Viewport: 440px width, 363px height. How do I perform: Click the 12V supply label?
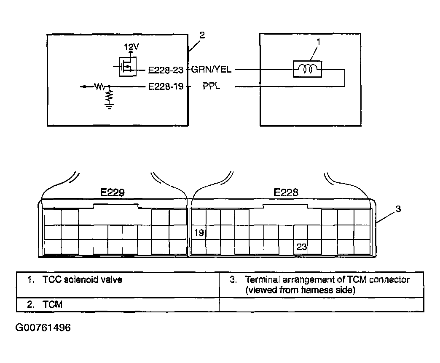click(x=131, y=46)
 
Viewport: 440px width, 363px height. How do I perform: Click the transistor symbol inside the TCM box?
click(x=127, y=67)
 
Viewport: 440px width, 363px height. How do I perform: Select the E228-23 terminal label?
click(x=166, y=70)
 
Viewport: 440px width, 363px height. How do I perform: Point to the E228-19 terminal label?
click(x=166, y=86)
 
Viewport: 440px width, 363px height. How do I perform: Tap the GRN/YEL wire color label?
click(x=211, y=69)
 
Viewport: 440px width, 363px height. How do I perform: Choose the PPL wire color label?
click(x=211, y=86)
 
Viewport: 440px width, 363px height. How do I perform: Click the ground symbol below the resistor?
click(x=109, y=106)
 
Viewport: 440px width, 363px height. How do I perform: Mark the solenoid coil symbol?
click(x=307, y=69)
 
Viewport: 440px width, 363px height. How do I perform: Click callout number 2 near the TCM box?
click(x=202, y=35)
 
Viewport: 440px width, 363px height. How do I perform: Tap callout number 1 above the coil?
click(x=318, y=42)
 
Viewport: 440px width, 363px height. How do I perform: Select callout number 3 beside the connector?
click(x=398, y=209)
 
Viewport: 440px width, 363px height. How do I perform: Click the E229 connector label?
click(x=112, y=192)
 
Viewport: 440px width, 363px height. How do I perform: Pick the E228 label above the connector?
click(x=286, y=192)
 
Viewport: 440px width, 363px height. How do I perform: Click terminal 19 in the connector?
click(x=199, y=233)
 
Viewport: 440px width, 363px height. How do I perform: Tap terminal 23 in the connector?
click(x=301, y=247)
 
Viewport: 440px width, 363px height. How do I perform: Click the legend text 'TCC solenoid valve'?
click(x=82, y=280)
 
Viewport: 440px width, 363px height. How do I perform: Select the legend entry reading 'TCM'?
click(x=53, y=305)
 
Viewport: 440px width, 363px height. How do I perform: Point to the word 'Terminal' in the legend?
click(x=263, y=280)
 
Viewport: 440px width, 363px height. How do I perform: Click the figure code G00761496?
click(x=43, y=328)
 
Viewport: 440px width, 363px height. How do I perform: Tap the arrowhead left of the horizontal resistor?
click(x=83, y=87)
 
